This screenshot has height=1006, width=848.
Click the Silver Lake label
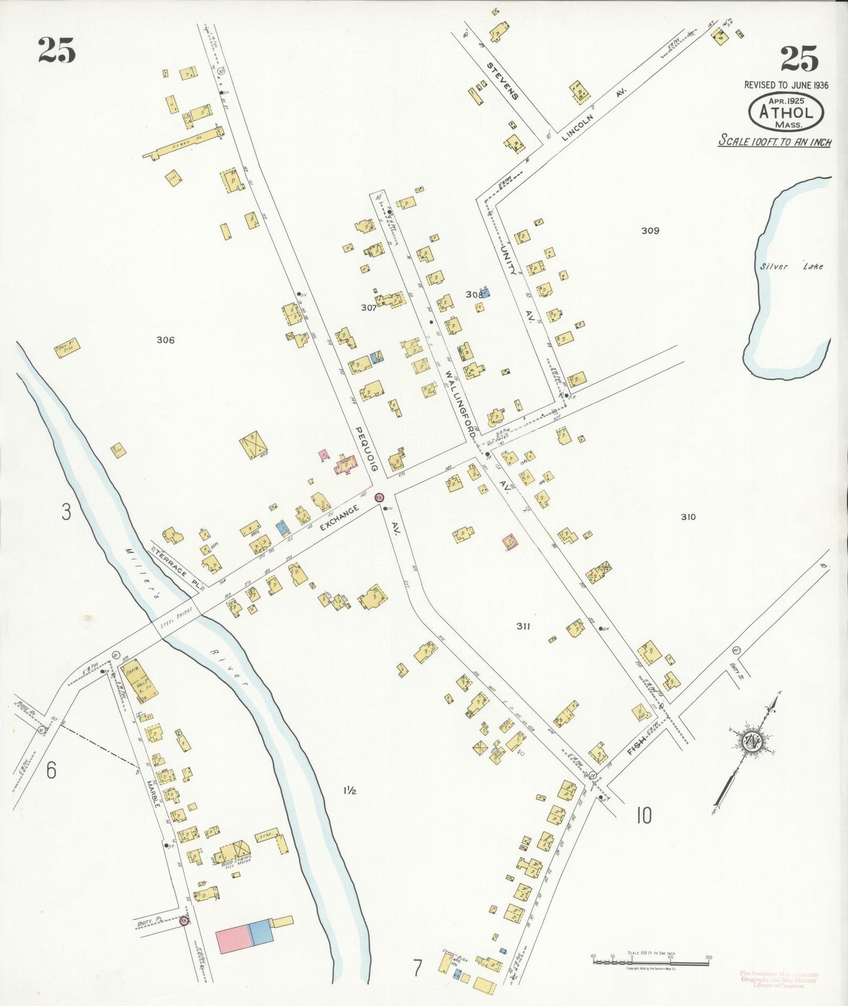click(791, 266)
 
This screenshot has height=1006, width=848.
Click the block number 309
click(650, 231)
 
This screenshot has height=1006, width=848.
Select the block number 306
click(165, 340)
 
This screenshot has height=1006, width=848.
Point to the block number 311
click(523, 626)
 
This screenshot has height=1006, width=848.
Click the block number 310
click(688, 517)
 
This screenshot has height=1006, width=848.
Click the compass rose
click(752, 741)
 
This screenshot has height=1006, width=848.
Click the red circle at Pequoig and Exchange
click(379, 498)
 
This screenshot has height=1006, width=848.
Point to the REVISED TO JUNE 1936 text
click(786, 85)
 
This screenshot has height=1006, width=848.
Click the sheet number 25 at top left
click(57, 50)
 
